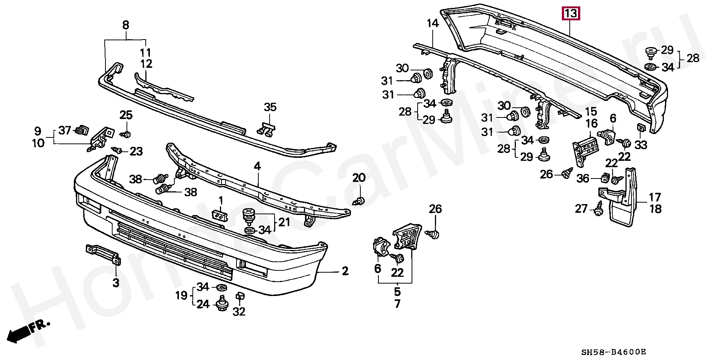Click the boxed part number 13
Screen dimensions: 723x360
(571, 14)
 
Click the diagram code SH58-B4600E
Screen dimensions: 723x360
(614, 352)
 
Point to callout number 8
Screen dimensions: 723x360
(125, 25)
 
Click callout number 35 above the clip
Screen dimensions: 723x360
(270, 107)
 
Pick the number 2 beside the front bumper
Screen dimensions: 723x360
(345, 271)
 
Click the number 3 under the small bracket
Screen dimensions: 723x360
(116, 282)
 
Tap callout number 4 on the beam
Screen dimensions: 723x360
(257, 166)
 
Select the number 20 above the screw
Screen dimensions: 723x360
(359, 178)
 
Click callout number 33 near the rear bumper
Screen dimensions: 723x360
(641, 144)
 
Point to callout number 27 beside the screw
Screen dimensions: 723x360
(581, 208)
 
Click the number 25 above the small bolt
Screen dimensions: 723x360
(126, 114)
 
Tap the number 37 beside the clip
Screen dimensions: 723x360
(65, 130)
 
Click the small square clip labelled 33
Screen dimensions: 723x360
(641, 128)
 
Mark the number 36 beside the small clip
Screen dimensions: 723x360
(583, 178)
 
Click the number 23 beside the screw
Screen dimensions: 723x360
(136, 151)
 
